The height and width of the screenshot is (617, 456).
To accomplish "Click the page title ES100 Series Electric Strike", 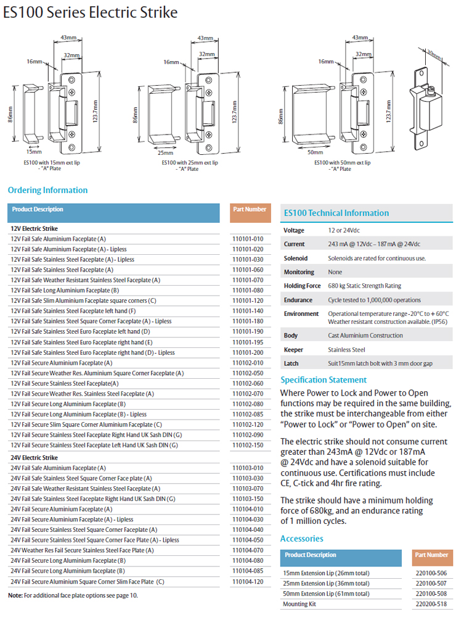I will [91, 12].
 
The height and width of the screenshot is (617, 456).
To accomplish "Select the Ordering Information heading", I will [47, 190].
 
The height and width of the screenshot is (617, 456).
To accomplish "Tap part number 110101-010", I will [247, 239].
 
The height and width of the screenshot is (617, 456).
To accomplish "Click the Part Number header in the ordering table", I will [250, 210].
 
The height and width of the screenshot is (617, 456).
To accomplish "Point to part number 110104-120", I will [247, 581].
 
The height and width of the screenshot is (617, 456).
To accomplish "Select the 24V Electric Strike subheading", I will [35, 458].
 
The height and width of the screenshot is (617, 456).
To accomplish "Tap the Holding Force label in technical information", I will [302, 286].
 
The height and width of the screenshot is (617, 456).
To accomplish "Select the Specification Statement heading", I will [324, 380].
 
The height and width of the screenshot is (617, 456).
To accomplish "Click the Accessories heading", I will [301, 539].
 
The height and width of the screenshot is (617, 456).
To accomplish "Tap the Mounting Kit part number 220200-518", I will [431, 604].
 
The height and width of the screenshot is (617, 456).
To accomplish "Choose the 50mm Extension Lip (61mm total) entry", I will [327, 594].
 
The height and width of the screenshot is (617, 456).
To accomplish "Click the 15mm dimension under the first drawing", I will [34, 151].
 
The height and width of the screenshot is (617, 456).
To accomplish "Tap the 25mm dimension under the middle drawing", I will [165, 152].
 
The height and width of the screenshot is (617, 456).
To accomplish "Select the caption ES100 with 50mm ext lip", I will [342, 162].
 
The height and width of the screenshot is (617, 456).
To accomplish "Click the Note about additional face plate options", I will [73, 595].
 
